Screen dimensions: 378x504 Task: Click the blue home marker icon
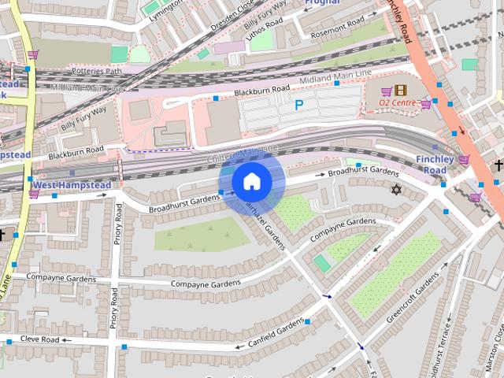coord(251,181)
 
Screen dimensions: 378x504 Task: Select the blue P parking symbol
coord(298,105)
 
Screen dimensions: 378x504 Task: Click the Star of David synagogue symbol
coord(396,189)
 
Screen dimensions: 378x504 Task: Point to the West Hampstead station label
coord(76,185)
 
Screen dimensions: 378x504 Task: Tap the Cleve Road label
coord(39,340)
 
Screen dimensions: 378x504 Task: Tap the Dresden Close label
coord(234,13)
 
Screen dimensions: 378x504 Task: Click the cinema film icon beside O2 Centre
coord(402,91)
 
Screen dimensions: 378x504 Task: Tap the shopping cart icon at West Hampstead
coord(34,193)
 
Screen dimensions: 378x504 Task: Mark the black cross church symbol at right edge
coord(498,165)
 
